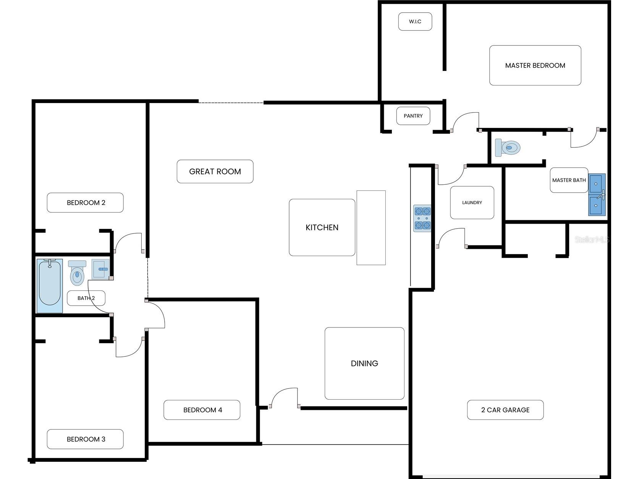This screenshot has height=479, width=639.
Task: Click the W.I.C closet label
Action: (415, 21)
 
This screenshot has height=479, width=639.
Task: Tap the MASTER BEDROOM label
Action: (535, 65)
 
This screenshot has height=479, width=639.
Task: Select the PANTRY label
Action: (413, 116)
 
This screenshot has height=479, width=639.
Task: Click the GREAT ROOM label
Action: (215, 172)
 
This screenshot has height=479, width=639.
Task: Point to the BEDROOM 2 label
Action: (86, 203)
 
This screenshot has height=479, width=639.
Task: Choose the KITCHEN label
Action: (322, 227)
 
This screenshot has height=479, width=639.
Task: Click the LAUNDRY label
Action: (472, 202)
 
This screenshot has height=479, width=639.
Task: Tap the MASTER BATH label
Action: (569, 180)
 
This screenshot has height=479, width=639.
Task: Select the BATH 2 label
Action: (86, 298)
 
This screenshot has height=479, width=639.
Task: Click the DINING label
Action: (364, 363)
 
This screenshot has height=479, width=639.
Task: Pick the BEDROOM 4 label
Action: (202, 410)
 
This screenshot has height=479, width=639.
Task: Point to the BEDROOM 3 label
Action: (86, 439)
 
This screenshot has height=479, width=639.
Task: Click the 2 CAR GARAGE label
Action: (505, 410)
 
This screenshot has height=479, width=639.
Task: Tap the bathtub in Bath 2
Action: (50, 286)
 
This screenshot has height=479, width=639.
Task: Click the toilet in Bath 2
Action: (77, 273)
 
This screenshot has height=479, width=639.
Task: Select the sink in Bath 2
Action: (100, 269)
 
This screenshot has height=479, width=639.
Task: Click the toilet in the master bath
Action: (507, 147)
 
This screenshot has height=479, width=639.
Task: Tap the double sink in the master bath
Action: (597, 195)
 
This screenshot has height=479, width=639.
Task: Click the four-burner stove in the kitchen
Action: (422, 218)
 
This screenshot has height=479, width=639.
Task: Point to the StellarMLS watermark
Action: (592, 239)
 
